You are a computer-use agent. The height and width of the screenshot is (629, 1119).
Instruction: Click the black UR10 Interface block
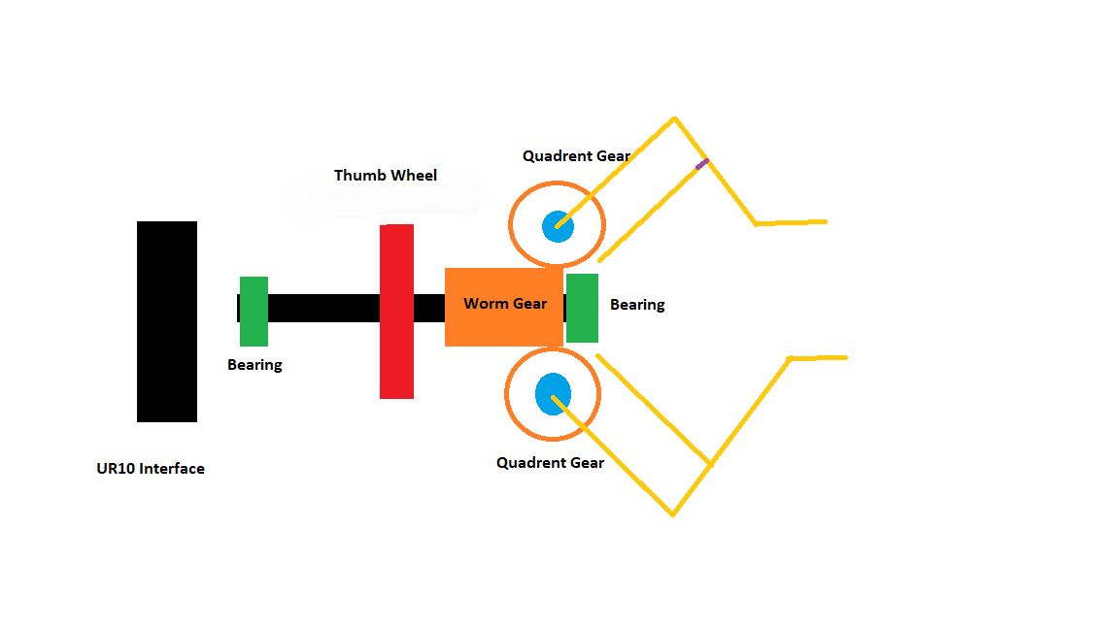(167, 321)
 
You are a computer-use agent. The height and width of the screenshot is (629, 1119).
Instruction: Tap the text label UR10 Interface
(151, 469)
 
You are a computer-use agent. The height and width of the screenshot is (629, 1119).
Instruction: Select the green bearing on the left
(254, 312)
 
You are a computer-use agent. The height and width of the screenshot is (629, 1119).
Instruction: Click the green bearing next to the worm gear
(582, 308)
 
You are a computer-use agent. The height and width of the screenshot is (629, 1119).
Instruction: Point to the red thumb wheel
(396, 312)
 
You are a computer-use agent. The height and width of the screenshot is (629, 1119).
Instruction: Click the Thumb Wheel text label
(386, 176)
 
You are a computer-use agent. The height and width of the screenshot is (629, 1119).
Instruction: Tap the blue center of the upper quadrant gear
(558, 226)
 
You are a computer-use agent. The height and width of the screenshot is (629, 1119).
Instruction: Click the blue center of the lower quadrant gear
(553, 392)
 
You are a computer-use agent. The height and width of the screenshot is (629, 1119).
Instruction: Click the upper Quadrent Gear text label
(576, 156)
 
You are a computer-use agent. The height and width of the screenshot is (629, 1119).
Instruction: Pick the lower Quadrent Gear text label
(550, 463)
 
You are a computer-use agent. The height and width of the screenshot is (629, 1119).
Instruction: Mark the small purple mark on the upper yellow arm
(701, 163)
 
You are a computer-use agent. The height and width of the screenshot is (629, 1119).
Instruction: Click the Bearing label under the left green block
(254, 365)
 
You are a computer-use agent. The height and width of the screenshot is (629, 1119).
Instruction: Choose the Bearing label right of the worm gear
(637, 305)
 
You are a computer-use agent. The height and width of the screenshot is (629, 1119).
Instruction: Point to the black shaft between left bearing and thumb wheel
(323, 308)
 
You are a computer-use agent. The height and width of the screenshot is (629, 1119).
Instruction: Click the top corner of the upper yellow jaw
(673, 119)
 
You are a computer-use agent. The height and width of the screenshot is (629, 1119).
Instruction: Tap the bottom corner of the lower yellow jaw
(672, 513)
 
